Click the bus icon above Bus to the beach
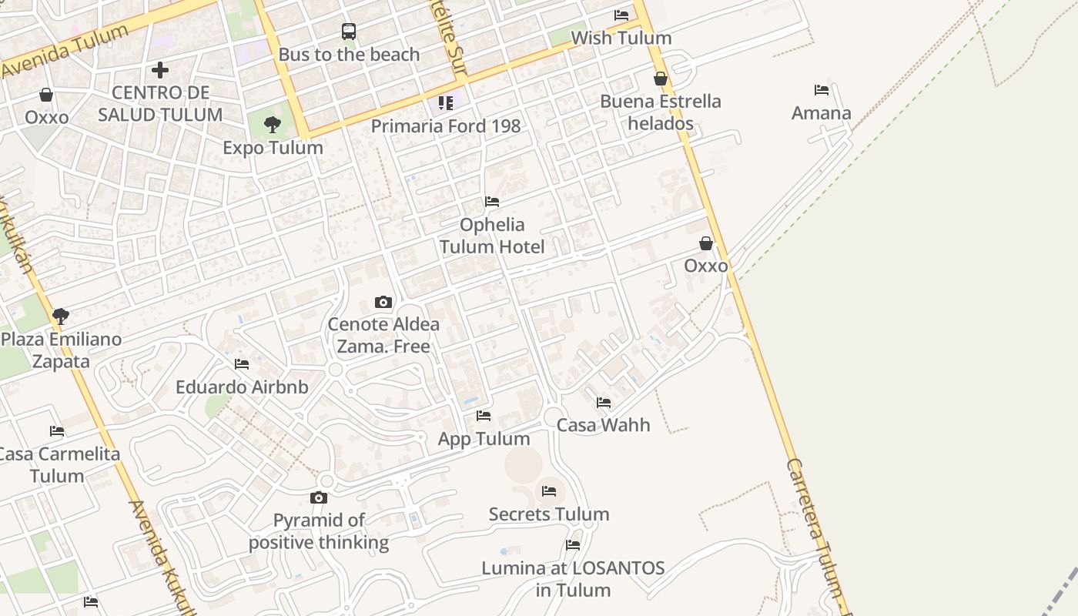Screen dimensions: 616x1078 pyautogui.click(x=349, y=32)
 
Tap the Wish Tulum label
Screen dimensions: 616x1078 pyautogui.click(x=621, y=38)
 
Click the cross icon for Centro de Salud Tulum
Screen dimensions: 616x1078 pyautogui.click(x=160, y=70)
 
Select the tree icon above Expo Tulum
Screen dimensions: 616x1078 pyautogui.click(x=272, y=125)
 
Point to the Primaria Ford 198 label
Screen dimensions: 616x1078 pyautogui.click(x=446, y=126)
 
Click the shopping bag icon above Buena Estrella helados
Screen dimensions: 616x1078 pyautogui.click(x=660, y=79)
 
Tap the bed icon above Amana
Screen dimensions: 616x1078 pyautogui.click(x=822, y=90)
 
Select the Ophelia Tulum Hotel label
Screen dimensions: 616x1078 pyautogui.click(x=492, y=236)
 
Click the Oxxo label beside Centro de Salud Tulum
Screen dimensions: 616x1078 pyautogui.click(x=47, y=117)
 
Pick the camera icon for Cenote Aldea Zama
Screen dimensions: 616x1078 pyautogui.click(x=383, y=302)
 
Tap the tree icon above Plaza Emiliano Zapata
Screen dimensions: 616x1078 pyautogui.click(x=61, y=316)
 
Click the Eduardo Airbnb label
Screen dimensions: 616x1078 pyautogui.click(x=242, y=387)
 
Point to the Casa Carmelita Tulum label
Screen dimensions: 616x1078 pyautogui.click(x=59, y=464)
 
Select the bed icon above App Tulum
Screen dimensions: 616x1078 pyautogui.click(x=484, y=416)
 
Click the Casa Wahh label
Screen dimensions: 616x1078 pyautogui.click(x=603, y=425)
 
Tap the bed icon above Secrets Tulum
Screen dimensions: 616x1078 pyautogui.click(x=549, y=491)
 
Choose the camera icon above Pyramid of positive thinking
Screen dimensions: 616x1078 pyautogui.click(x=319, y=498)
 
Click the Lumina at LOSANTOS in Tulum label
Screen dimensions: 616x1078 pyautogui.click(x=573, y=579)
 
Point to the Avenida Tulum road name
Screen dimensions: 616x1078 pyautogui.click(x=65, y=51)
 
